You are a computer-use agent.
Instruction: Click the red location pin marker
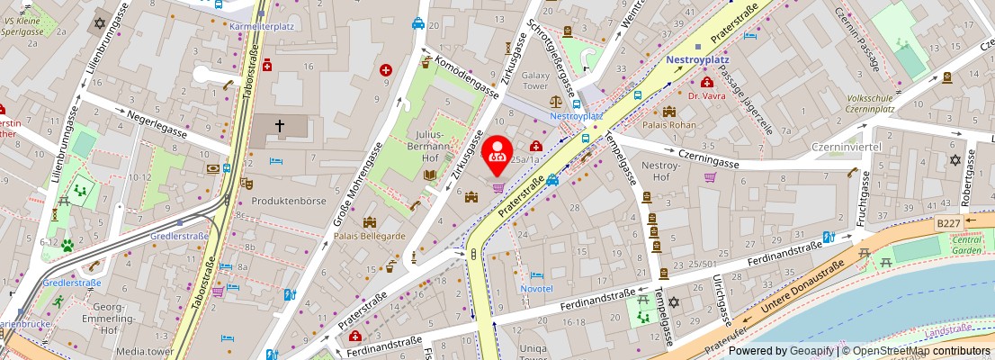(497, 154)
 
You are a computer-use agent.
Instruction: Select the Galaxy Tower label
(535, 81)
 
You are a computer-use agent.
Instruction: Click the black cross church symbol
(280, 127)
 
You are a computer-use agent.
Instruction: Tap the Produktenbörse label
(288, 201)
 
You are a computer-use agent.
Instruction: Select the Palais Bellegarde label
(369, 236)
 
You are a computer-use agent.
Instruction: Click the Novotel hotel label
(536, 288)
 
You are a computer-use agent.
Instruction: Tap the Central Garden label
(966, 246)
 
